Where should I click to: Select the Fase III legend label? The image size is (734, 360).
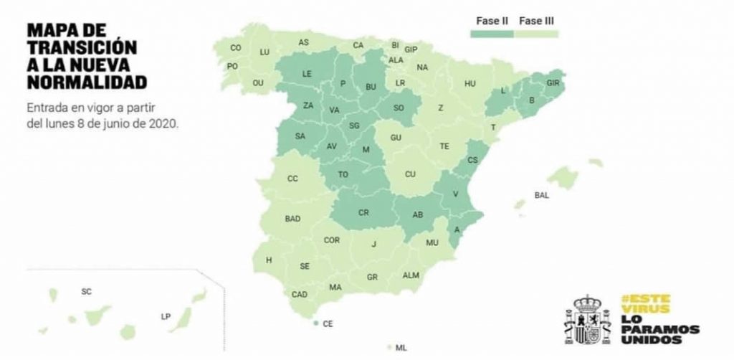click(536, 22)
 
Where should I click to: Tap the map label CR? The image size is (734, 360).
click(363, 213)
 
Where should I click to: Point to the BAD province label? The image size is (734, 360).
click(292, 219)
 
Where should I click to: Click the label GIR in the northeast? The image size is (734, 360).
click(553, 83)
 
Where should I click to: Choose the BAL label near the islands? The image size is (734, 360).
click(542, 195)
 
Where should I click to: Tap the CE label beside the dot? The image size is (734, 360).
click(328, 324)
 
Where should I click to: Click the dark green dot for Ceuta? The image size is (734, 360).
click(316, 324)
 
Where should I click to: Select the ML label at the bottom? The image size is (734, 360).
click(401, 348)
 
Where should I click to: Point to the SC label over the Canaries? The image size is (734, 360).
click(87, 292)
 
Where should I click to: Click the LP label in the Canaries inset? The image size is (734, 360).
click(166, 316)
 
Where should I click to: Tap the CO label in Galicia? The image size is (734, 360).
click(236, 48)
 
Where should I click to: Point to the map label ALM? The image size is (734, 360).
click(411, 275)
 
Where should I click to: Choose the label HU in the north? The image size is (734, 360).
click(470, 84)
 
